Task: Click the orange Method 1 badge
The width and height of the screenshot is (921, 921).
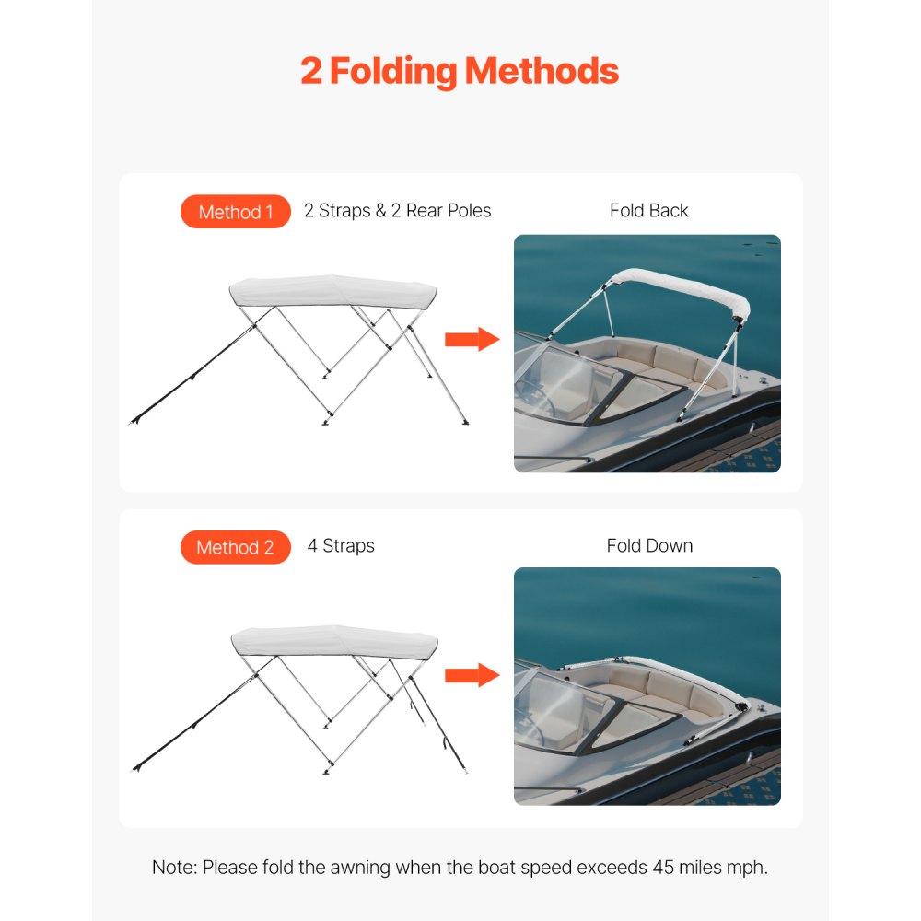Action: pyautogui.click(x=236, y=213)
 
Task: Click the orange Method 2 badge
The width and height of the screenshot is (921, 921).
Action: pyautogui.click(x=236, y=548)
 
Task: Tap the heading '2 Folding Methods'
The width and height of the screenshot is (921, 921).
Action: pyautogui.click(x=460, y=71)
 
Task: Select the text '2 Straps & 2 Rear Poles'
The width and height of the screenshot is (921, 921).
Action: pyautogui.click(x=397, y=211)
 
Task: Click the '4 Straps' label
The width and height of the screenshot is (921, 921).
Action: pyautogui.click(x=341, y=546)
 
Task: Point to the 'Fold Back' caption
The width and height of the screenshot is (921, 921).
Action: pyautogui.click(x=648, y=211)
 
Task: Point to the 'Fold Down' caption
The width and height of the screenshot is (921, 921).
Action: pyautogui.click(x=648, y=546)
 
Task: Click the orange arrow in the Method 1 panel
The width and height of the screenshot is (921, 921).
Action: pyautogui.click(x=471, y=340)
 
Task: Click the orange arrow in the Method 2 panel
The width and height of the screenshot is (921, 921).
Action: pyautogui.click(x=471, y=675)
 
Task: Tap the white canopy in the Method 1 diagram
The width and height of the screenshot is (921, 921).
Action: pyautogui.click(x=332, y=293)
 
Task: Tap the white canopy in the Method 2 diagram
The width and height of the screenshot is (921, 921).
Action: pyautogui.click(x=333, y=640)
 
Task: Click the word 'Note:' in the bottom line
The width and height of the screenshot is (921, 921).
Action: pyautogui.click(x=174, y=868)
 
